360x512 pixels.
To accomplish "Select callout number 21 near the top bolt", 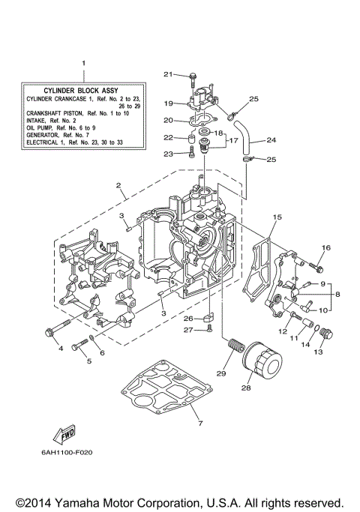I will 168,73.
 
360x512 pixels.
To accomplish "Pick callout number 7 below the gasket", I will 199,425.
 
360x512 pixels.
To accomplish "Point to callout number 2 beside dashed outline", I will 118,185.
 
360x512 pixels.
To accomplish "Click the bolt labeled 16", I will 316,265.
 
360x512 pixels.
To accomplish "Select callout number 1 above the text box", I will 83,64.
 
